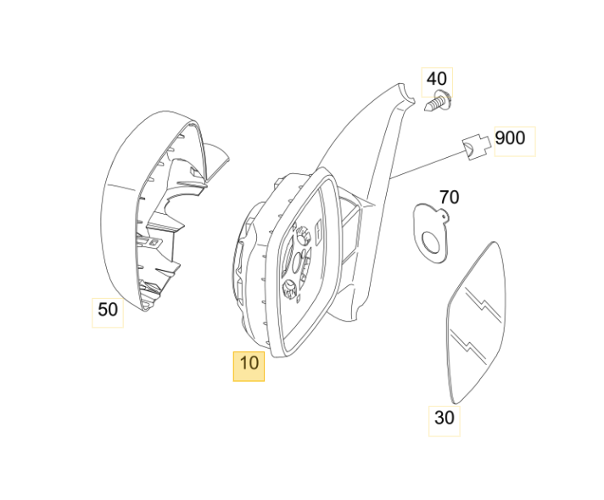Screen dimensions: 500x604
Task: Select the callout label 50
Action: pos(108,310)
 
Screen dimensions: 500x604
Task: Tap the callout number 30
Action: pos(444,418)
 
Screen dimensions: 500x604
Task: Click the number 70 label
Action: pos(449,198)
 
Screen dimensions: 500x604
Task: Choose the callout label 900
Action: pos(510,138)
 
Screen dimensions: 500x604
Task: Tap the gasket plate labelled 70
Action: pos(429,229)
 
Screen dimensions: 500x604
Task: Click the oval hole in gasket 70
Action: pos(434,244)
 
